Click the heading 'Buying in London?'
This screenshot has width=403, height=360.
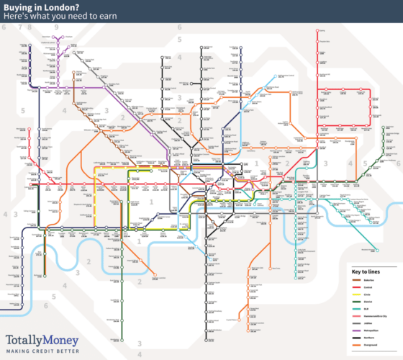click(x=35, y=6)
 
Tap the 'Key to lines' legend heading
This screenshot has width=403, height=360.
click(x=366, y=271)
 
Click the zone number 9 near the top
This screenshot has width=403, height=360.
click(x=56, y=27)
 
